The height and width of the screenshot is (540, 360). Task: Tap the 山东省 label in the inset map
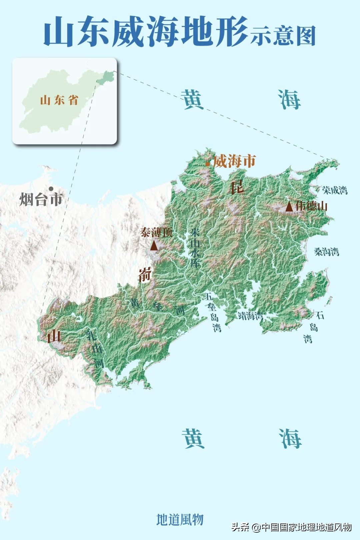point(59,100)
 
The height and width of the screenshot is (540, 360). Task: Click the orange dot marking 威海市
point(208,164)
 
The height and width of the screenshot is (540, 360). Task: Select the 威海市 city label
point(234,161)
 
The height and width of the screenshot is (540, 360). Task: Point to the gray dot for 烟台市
point(51,189)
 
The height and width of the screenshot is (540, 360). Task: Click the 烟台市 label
point(41,199)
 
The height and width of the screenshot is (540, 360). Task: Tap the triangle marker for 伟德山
point(289,207)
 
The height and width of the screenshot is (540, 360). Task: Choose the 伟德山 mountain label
point(311,206)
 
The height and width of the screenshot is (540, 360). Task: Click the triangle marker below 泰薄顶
point(154,246)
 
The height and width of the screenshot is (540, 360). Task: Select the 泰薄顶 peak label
point(156,232)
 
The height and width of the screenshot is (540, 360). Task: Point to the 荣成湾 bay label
point(335,190)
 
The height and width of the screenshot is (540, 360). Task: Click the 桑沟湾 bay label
point(326,252)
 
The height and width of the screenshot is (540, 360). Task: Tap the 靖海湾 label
point(250,315)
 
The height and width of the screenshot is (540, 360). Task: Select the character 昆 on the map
point(237,188)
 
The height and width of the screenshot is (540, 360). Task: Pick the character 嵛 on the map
point(145,274)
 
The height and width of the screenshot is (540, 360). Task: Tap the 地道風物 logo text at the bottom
point(180,519)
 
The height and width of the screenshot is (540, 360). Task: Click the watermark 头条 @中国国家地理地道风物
point(292,527)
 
